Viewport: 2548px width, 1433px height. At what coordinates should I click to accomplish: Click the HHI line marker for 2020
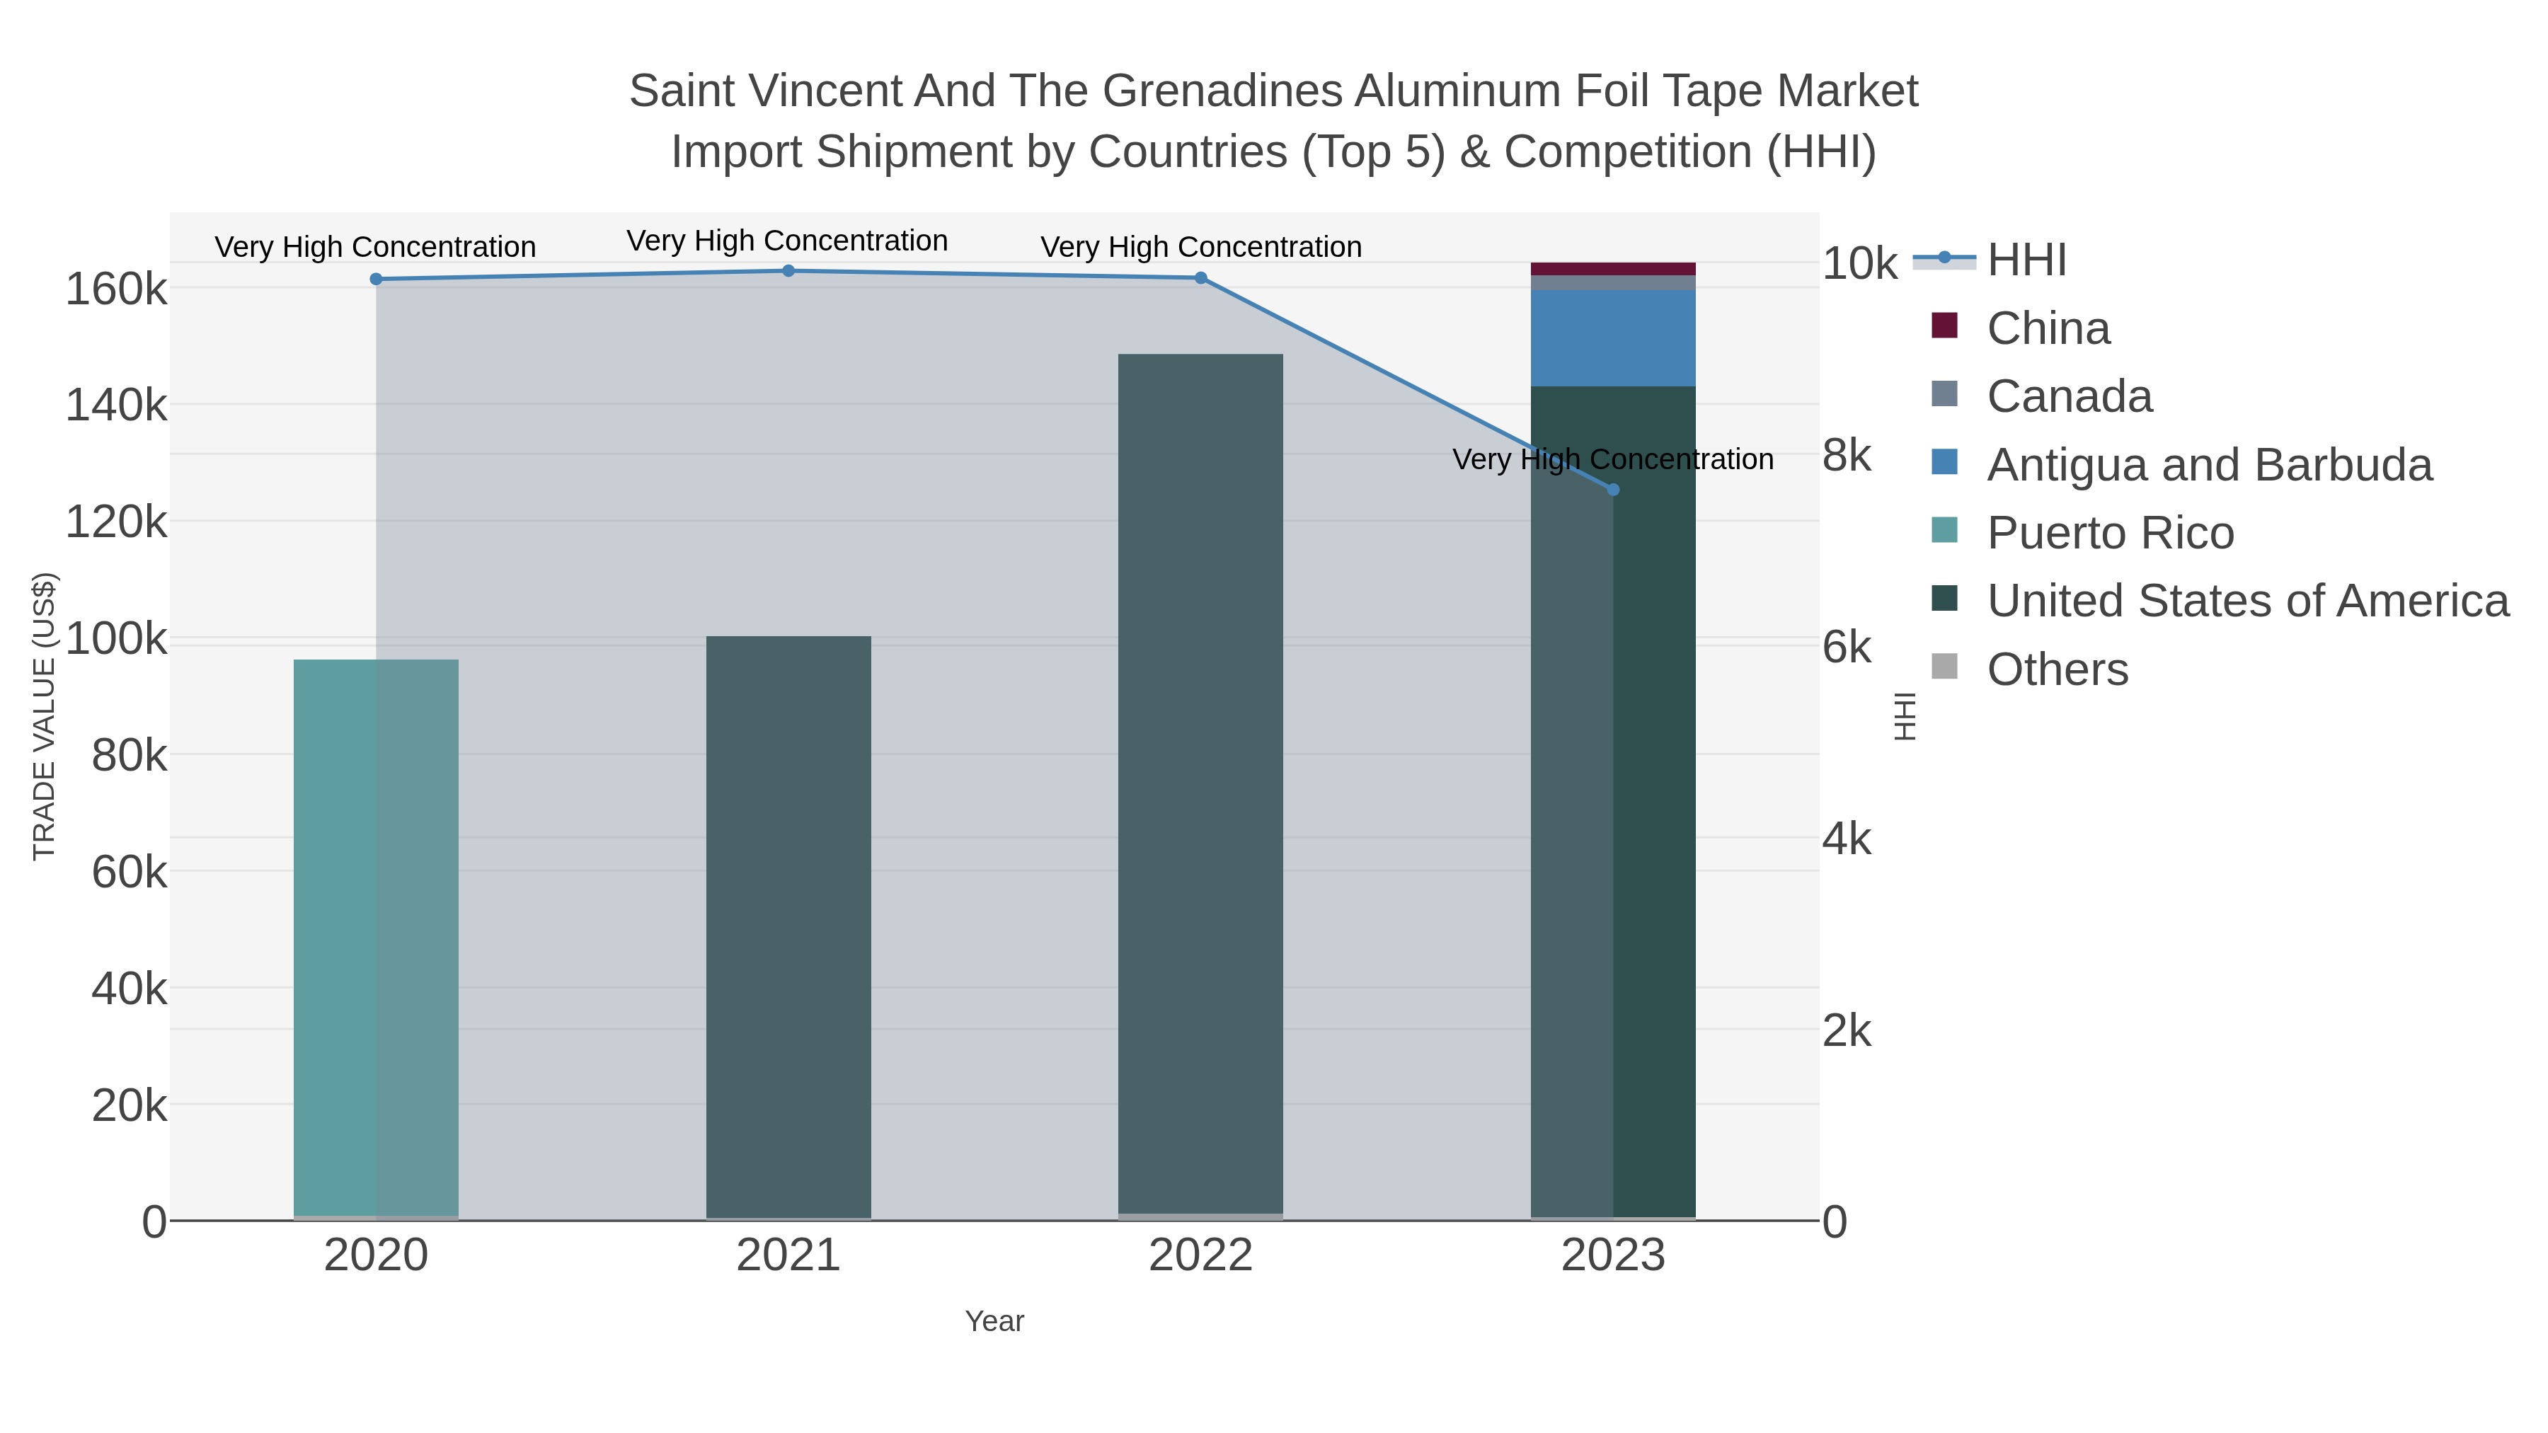[x=376, y=279]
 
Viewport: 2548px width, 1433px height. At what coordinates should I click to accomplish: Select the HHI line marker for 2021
[x=788, y=271]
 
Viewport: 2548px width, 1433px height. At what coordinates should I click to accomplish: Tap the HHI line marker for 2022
[x=1201, y=278]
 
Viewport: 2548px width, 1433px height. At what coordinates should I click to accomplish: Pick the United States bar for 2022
[x=1201, y=781]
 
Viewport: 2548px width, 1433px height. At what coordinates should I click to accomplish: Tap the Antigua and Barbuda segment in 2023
[x=1613, y=338]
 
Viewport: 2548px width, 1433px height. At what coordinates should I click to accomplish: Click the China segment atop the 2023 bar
[x=1613, y=269]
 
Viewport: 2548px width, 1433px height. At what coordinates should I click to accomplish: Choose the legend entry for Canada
[x=2070, y=396]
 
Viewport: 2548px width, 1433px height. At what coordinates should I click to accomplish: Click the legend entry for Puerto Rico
[x=2110, y=533]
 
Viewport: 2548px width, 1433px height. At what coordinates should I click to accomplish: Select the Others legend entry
[x=2058, y=669]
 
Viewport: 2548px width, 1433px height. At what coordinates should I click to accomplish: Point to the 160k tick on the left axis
[x=116, y=289]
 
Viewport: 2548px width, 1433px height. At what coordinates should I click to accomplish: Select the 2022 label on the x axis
[x=1201, y=1256]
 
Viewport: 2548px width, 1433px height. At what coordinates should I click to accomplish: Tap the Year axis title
[x=994, y=1321]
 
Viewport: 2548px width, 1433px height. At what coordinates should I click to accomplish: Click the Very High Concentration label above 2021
[x=787, y=241]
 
